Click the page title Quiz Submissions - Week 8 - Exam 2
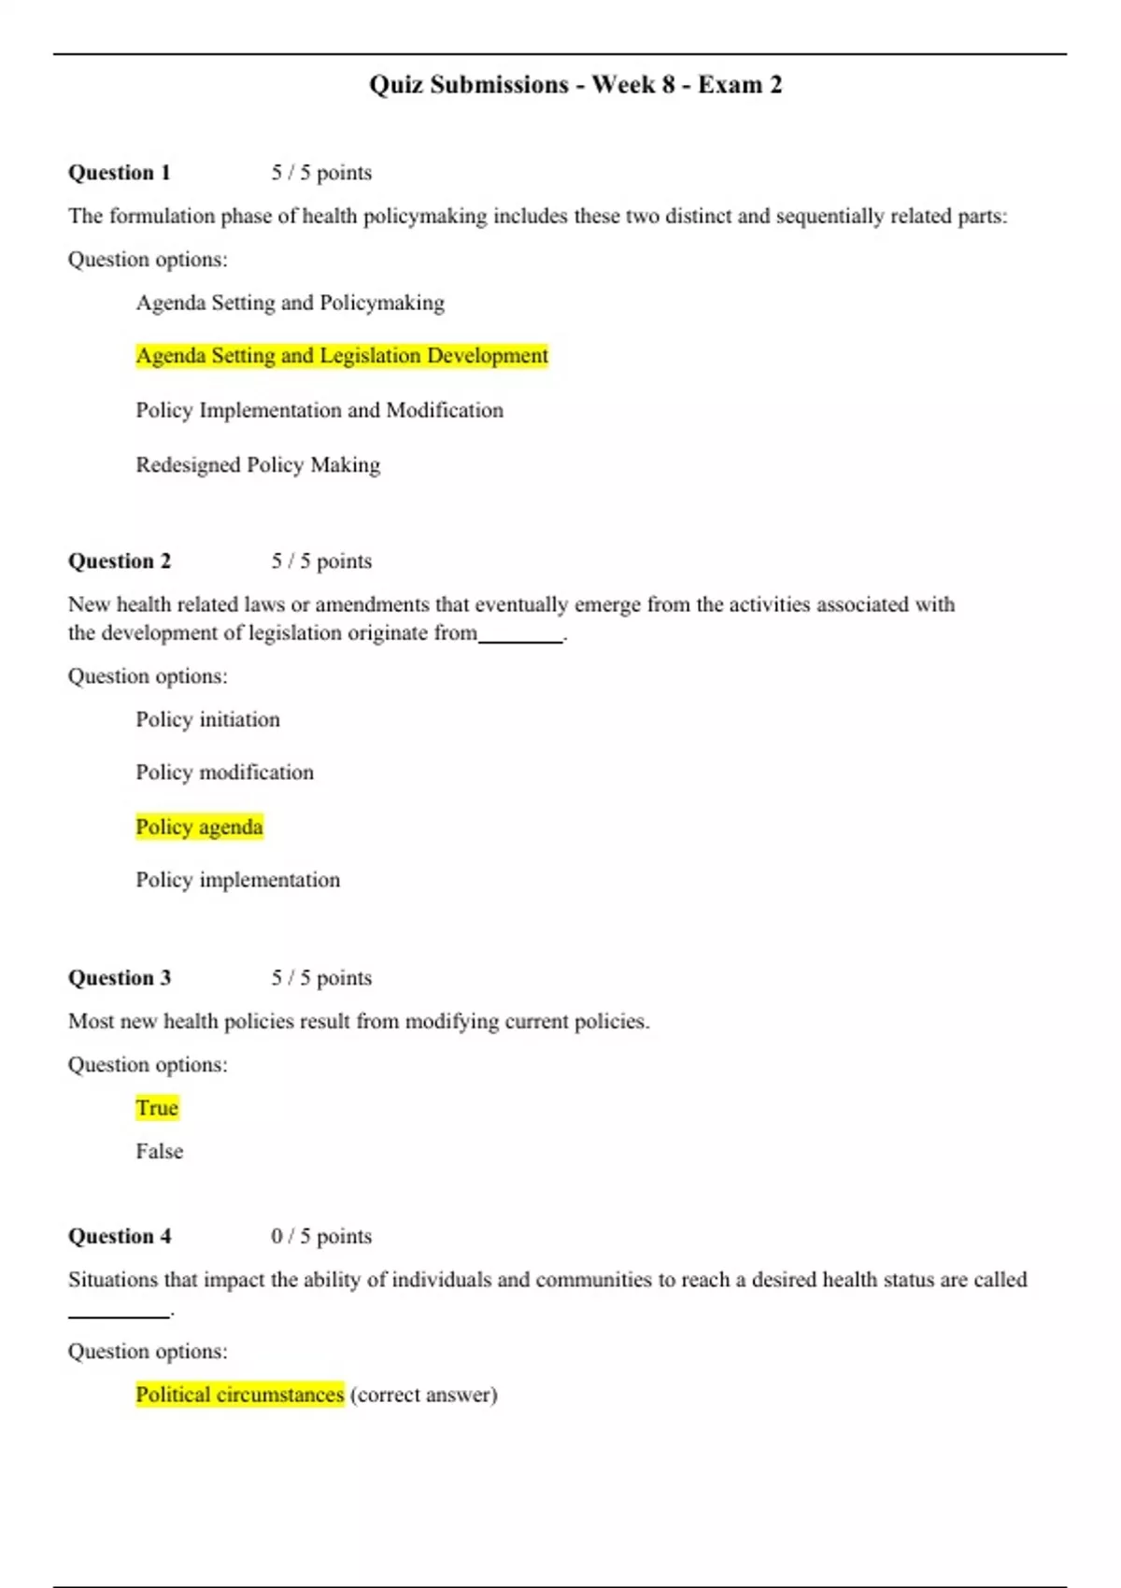575,85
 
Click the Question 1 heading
120,173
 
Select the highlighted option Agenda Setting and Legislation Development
342,356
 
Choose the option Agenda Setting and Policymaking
290,303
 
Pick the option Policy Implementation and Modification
319,410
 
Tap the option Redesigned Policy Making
258,465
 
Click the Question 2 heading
120,561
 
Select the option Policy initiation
207,719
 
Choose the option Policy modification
224,773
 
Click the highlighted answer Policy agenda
199,827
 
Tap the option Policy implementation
237,880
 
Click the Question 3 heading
120,978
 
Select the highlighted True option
157,1108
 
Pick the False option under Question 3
159,1152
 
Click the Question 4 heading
120,1237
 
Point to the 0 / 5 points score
321,1237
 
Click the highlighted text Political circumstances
240,1395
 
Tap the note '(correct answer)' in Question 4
423,1395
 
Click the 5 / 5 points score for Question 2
321,561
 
